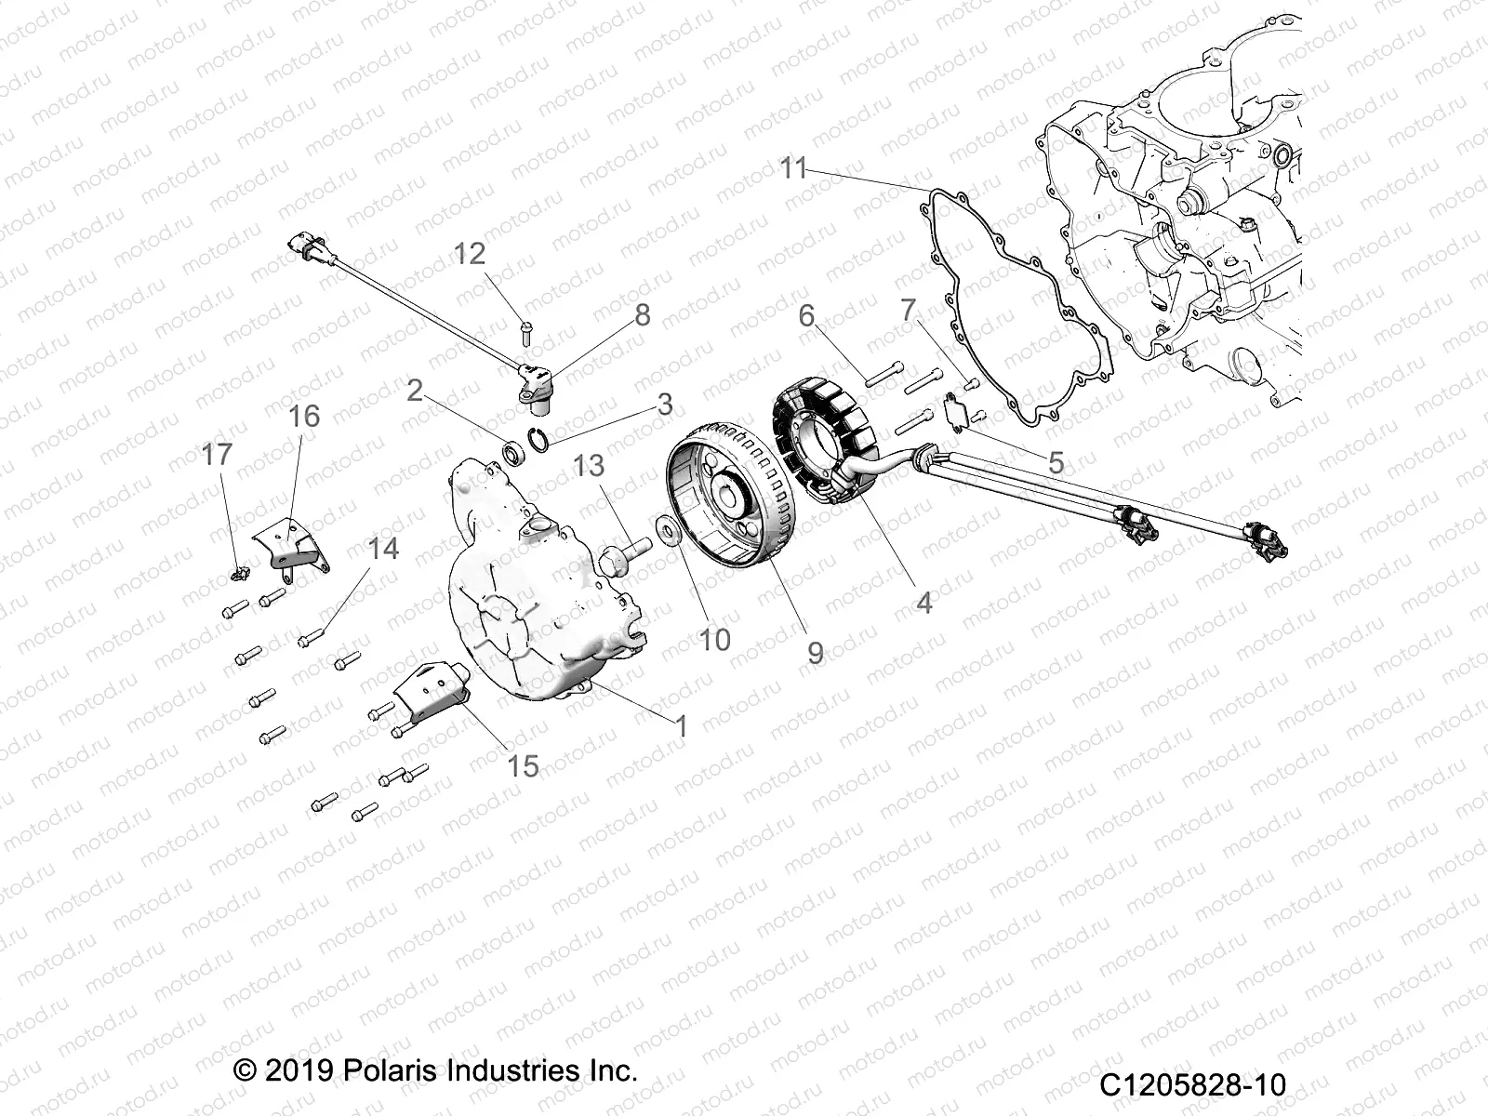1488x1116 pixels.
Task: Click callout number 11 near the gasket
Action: pos(792,169)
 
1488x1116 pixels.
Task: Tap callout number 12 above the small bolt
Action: pos(471,253)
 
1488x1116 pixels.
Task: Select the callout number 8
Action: pos(643,315)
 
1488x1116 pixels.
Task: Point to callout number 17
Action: pos(217,455)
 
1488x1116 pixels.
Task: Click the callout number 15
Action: pos(524,765)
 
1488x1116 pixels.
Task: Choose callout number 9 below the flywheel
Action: pos(815,653)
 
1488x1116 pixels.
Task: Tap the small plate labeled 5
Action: pos(952,408)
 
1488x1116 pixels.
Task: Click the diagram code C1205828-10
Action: pos(1192,1085)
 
